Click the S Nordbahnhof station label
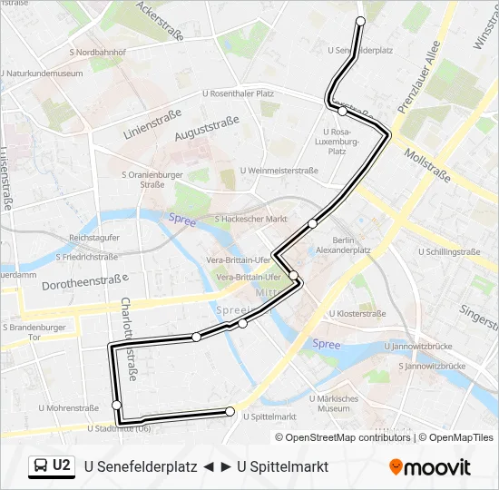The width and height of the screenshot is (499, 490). [x=97, y=53]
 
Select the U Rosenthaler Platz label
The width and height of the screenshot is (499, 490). [x=238, y=93]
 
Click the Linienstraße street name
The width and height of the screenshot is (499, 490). [x=152, y=123]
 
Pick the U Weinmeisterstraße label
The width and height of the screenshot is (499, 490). [x=279, y=171]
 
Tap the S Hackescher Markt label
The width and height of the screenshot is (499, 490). [x=250, y=220]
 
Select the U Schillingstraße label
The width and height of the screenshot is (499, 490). [x=449, y=251]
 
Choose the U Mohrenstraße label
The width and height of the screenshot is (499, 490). [x=68, y=408]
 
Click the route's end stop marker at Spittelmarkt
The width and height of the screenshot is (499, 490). [x=230, y=412]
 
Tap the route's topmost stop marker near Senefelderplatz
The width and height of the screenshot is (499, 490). [x=360, y=20]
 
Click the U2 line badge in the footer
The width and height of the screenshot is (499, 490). [x=52, y=465]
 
